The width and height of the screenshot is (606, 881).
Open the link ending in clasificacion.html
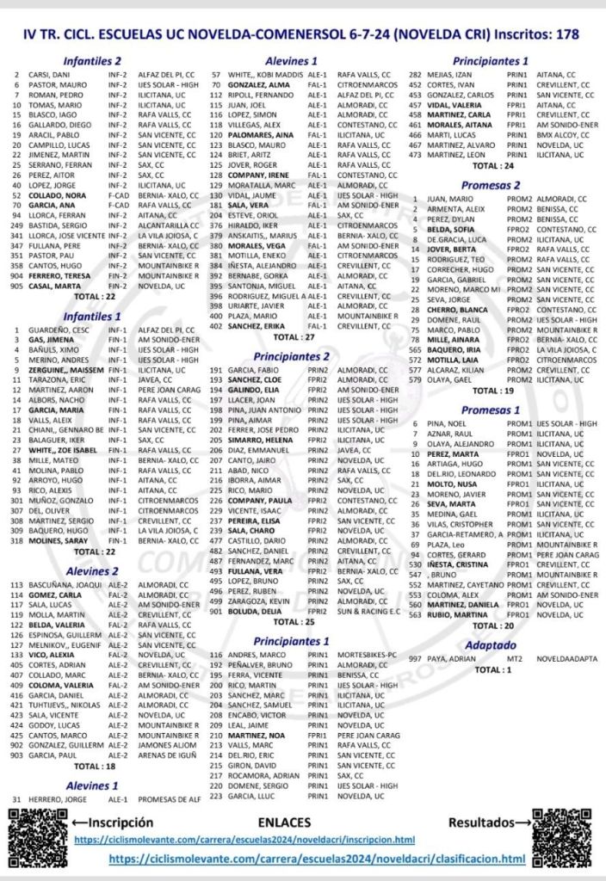[x=317, y=859]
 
